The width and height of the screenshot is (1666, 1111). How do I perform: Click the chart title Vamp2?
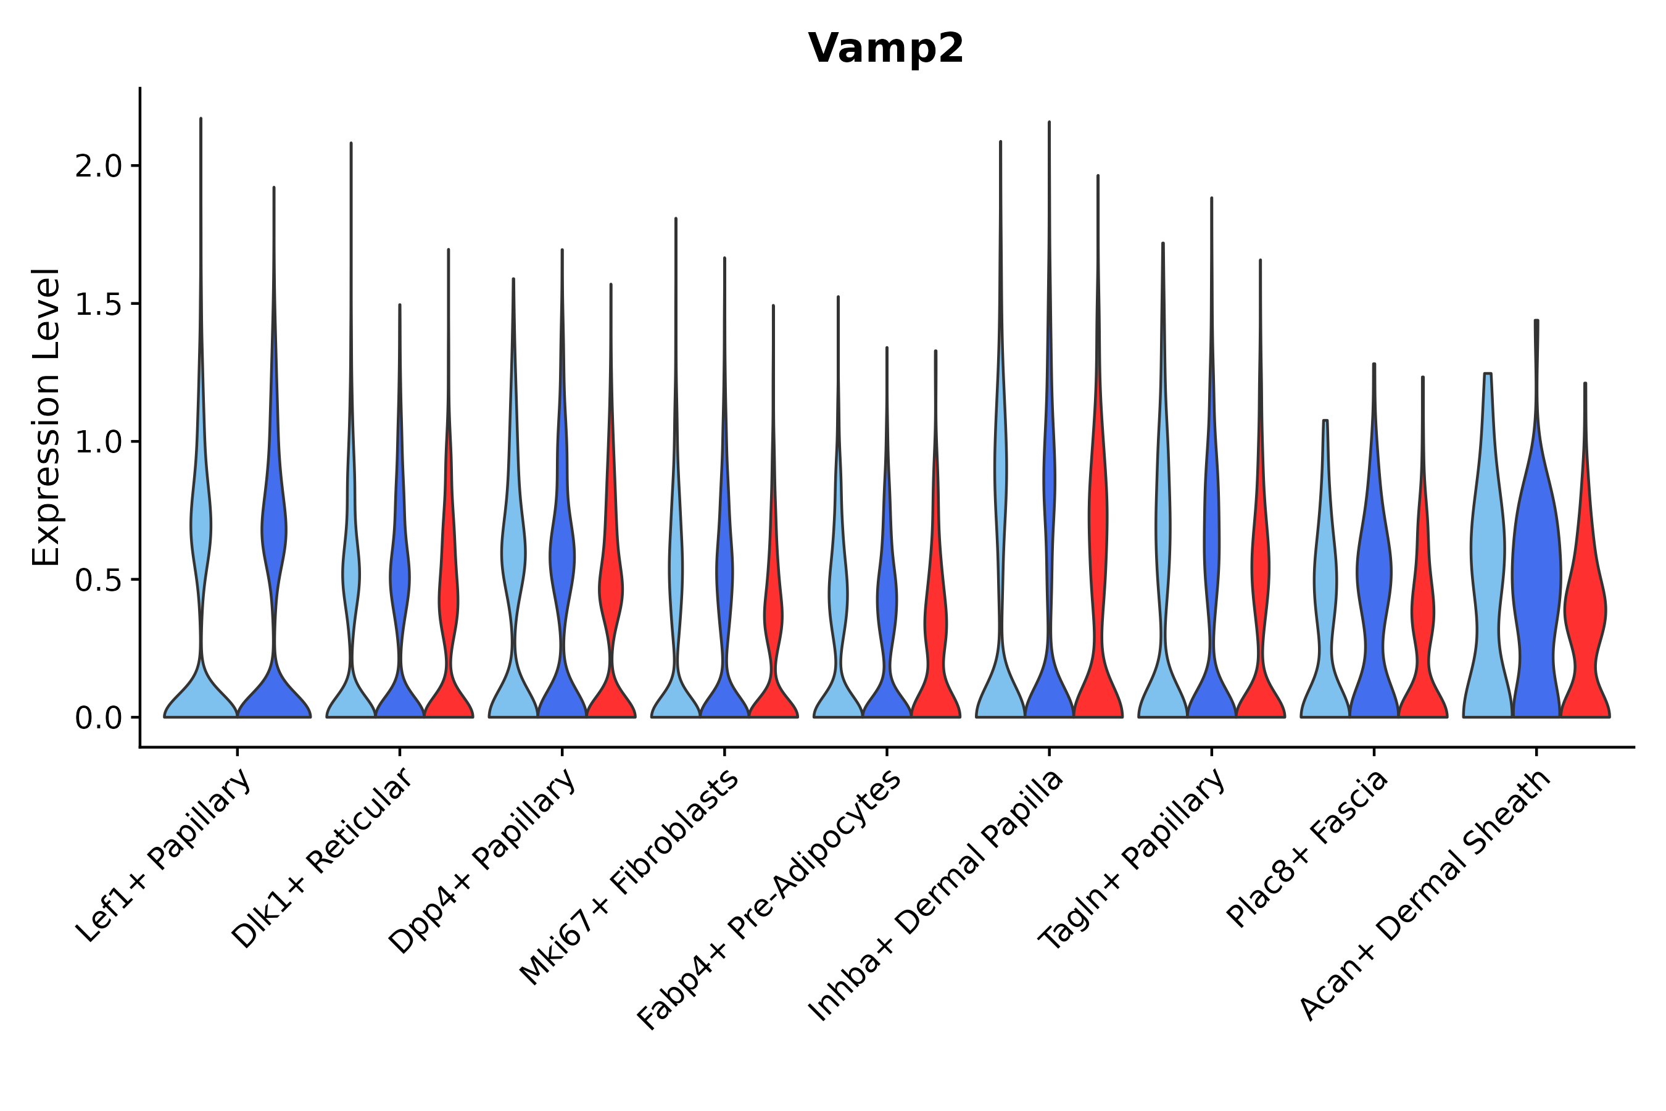885,49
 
